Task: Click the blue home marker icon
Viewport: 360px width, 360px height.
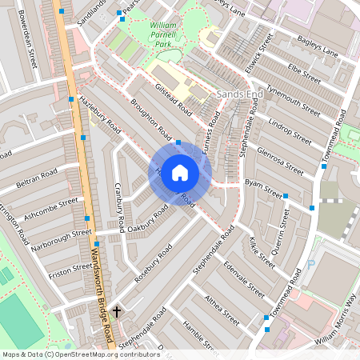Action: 180,172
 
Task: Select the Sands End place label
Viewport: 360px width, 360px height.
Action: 239,94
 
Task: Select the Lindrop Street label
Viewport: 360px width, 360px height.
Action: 289,127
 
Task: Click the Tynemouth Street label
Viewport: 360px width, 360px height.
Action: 294,100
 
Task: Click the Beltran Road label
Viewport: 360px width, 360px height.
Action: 37,178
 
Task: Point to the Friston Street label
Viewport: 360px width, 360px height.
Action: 70,268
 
